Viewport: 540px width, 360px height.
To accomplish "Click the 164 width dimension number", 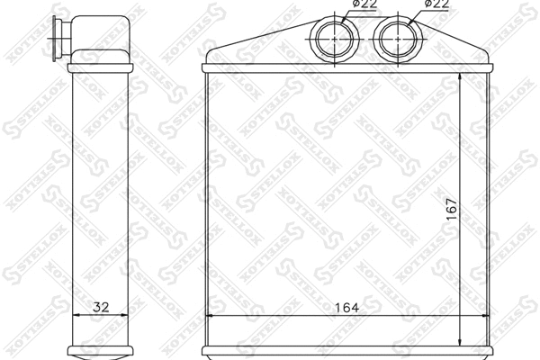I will pyautogui.click(x=348, y=306).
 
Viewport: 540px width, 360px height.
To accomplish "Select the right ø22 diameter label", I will pyautogui.click(x=436, y=5).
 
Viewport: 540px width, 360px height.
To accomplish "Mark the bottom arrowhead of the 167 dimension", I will pyautogui.click(x=462, y=340).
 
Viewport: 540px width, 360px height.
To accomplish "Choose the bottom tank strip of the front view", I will pyautogui.click(x=348, y=350).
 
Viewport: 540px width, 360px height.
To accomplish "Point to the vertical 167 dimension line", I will pyautogui.click(x=462, y=144).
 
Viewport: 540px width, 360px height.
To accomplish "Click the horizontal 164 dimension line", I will pyautogui.click(x=270, y=316).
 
